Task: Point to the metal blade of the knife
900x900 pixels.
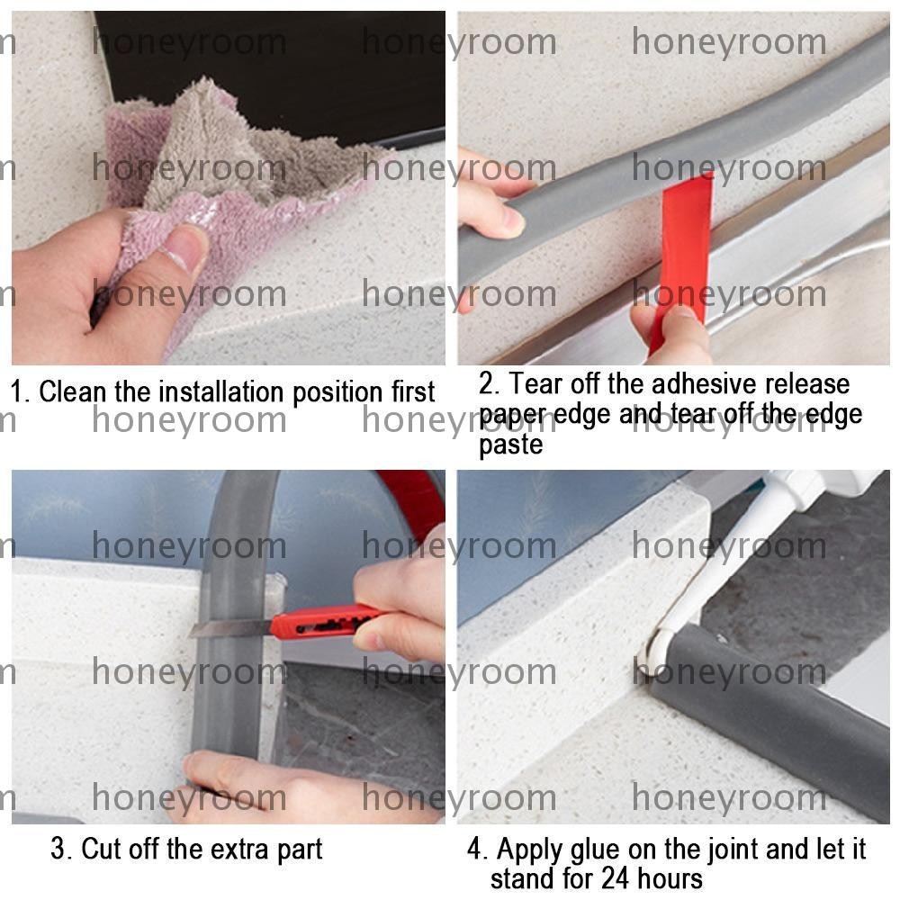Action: [230, 628]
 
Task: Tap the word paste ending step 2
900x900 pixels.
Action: [510, 445]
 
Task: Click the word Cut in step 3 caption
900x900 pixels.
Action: [101, 849]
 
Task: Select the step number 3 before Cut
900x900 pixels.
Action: [58, 849]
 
